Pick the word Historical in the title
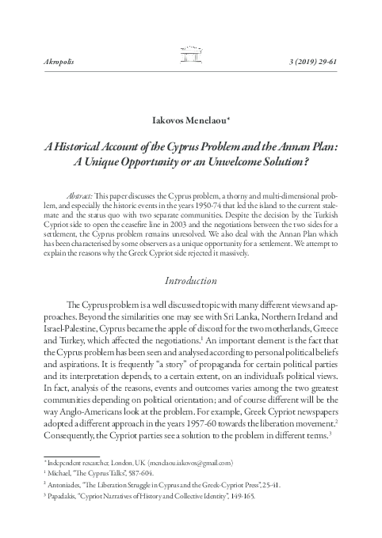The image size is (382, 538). tap(99, 148)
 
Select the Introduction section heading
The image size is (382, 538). tap(190, 280)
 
